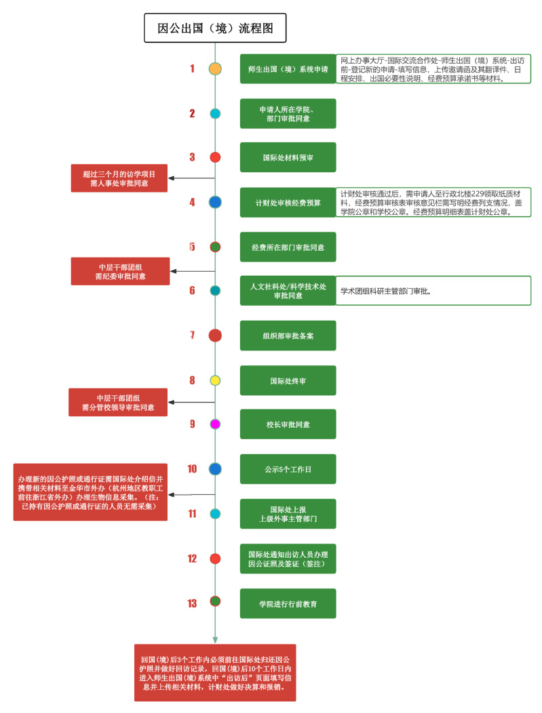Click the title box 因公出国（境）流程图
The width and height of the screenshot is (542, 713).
(215, 28)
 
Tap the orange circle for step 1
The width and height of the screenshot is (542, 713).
(215, 68)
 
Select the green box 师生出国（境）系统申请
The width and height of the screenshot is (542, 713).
(288, 68)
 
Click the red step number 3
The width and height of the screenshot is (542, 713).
(192, 157)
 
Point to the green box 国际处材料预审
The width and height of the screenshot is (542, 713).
(288, 157)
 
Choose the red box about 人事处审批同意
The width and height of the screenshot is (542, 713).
(119, 178)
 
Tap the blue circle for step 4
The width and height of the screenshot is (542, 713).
(215, 202)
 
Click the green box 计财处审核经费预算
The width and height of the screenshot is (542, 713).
(288, 202)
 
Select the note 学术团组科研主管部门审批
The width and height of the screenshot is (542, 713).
(433, 291)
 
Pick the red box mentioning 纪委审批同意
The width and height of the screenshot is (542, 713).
(119, 271)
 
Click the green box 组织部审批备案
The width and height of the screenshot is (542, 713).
(288, 335)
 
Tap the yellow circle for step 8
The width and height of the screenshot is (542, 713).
(215, 381)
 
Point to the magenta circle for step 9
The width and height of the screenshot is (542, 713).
(215, 424)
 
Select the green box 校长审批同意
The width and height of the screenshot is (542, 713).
(288, 424)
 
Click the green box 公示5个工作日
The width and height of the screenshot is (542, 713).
(288, 469)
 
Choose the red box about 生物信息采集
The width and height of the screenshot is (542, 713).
(90, 492)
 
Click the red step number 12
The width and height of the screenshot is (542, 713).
(192, 558)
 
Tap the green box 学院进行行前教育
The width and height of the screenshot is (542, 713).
(288, 603)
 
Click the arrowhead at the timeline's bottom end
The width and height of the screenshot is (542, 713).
(215, 639)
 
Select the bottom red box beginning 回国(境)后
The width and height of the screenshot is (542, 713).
(215, 672)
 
